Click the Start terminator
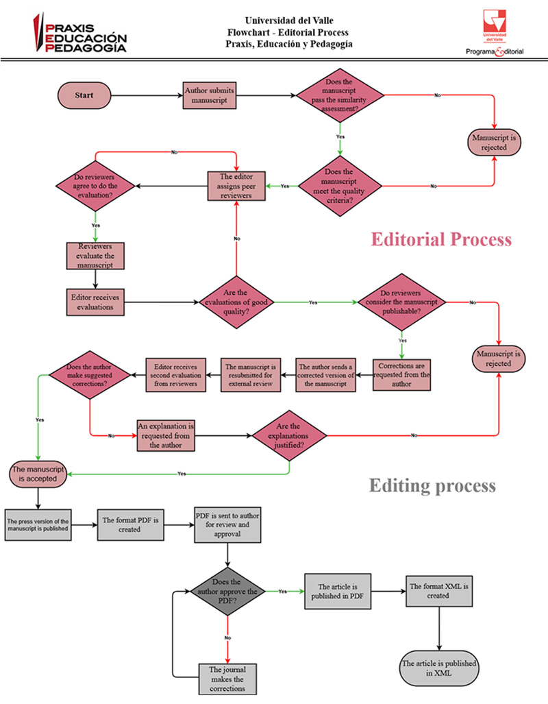point(84,95)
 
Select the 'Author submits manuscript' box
point(210,95)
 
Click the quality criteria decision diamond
point(340,185)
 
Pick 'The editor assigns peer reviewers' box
point(236,186)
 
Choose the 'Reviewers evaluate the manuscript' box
point(95,256)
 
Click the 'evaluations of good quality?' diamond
point(236,302)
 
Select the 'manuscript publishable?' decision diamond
point(402,301)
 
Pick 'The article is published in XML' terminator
point(438,668)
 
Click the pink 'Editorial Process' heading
point(441,239)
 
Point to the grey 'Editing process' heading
point(432,486)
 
